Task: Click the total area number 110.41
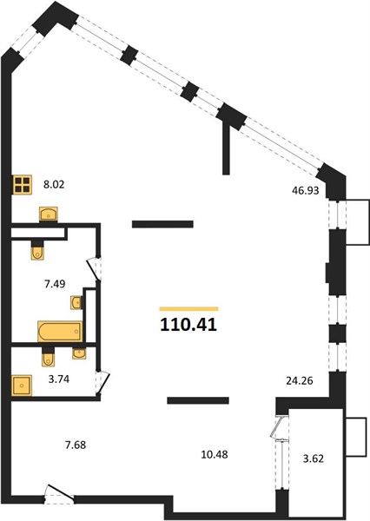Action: pyautogui.click(x=188, y=325)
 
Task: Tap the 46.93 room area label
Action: pyautogui.click(x=305, y=190)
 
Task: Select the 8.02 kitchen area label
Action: pyautogui.click(x=54, y=184)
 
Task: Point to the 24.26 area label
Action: pyautogui.click(x=300, y=380)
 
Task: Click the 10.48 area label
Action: pyautogui.click(x=215, y=454)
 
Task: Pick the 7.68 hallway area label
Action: pyautogui.click(x=76, y=445)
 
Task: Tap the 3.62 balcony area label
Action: pyautogui.click(x=314, y=458)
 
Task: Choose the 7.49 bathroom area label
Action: pyautogui.click(x=55, y=284)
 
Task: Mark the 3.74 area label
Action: pyautogui.click(x=59, y=379)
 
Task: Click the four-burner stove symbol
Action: pyautogui.click(x=23, y=185)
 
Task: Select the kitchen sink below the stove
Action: pyautogui.click(x=49, y=214)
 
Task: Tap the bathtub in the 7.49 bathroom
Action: pyautogui.click(x=60, y=332)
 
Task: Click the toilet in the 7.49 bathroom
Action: pyautogui.click(x=37, y=250)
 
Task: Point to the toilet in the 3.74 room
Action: pyautogui.click(x=48, y=357)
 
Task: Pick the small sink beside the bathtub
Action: pyautogui.click(x=76, y=302)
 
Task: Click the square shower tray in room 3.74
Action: pyautogui.click(x=22, y=386)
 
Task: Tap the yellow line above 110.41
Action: pyautogui.click(x=188, y=309)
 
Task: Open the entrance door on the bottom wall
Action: pyautogui.click(x=59, y=495)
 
